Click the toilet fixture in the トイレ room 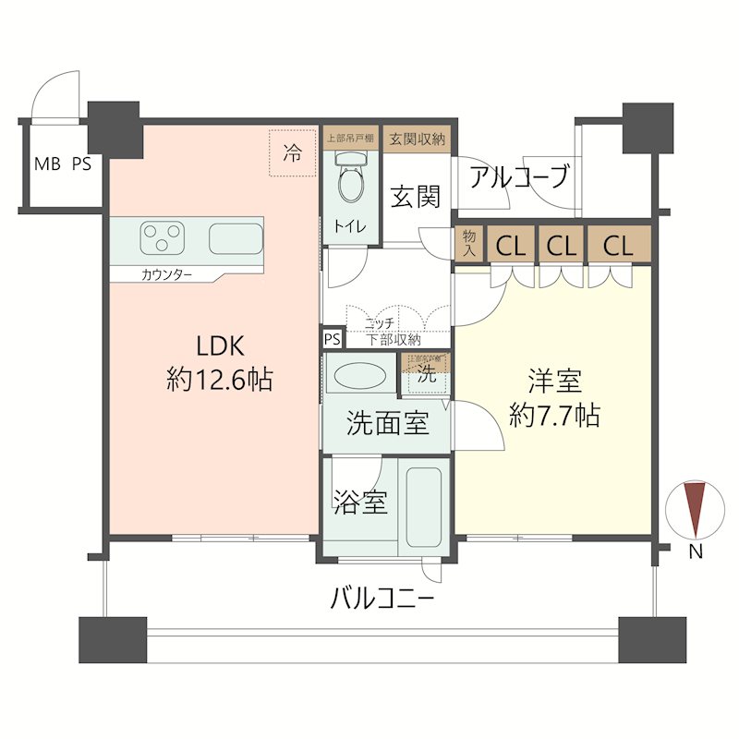point(351,180)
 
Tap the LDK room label point(219,346)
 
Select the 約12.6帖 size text point(219,380)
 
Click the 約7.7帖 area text point(554,416)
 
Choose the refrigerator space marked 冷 point(292,153)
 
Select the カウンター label point(167,274)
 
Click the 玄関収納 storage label point(418,139)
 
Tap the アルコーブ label point(518,176)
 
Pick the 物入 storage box point(469,245)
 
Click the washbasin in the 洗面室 point(358,377)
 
